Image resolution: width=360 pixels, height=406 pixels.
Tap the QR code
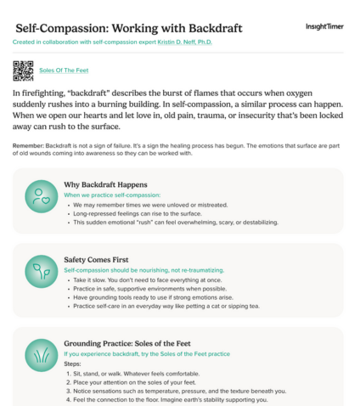tap(24, 70)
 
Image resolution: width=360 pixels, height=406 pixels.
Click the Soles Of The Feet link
tap(64, 70)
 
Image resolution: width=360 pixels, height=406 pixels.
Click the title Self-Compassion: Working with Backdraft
tap(127, 27)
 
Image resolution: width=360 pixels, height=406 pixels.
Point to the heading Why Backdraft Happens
tap(105, 184)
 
